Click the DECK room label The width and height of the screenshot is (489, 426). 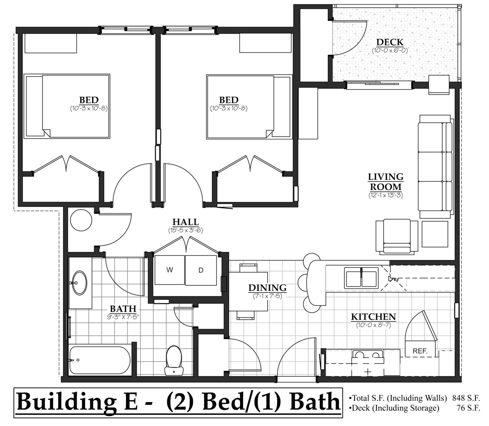pos(390,42)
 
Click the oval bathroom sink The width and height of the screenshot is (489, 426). pos(80,282)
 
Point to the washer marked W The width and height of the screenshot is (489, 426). pos(170,270)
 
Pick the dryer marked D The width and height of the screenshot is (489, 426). pos(201,270)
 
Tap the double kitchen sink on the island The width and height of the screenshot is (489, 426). pos(361,277)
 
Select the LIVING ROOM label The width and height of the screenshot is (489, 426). pos(386,182)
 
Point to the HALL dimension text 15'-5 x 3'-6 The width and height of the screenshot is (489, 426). pos(185,230)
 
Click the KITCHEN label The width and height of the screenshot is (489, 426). pos(373,317)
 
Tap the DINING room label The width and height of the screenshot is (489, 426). pos(267,288)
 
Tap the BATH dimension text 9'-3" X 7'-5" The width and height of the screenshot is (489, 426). pos(123,316)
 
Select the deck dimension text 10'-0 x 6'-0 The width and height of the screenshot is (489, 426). pos(390,50)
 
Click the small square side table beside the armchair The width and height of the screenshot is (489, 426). pos(435,234)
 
